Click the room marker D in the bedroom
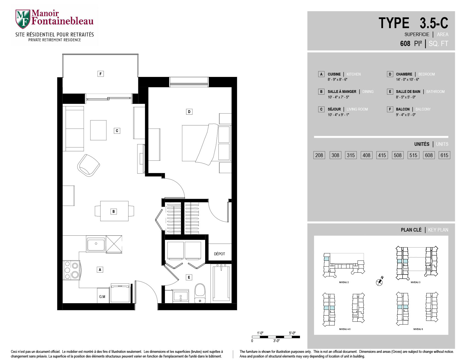189,112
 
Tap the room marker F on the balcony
101,74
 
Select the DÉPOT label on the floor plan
219,254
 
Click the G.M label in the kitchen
102,297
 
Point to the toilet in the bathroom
200,293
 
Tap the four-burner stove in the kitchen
72,270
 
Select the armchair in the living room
89,165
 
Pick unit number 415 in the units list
382,155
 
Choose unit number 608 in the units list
429,155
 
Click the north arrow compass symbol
380,281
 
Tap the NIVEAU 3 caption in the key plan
415,282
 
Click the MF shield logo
23,19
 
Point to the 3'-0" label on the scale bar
276,341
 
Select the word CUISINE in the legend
334,74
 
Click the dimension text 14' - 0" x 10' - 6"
408,79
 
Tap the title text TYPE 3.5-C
413,23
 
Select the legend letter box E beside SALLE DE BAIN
390,92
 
